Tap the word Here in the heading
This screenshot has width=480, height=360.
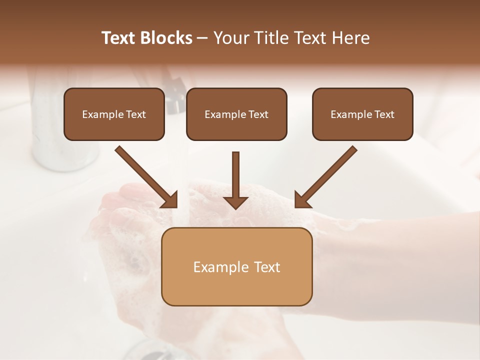pos(351,38)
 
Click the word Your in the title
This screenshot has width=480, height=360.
pos(230,38)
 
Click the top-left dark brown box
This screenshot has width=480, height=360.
pos(114,127)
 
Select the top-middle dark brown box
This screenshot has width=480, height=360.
pos(236,127)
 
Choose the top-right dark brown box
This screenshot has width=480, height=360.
pos(362,127)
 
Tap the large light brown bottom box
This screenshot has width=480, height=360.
pos(236,287)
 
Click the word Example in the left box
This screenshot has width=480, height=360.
pos(98,114)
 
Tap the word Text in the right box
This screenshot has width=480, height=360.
pos(384,114)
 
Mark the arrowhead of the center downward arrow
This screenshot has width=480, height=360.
pos(235,202)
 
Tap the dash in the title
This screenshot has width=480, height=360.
pos(203,38)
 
